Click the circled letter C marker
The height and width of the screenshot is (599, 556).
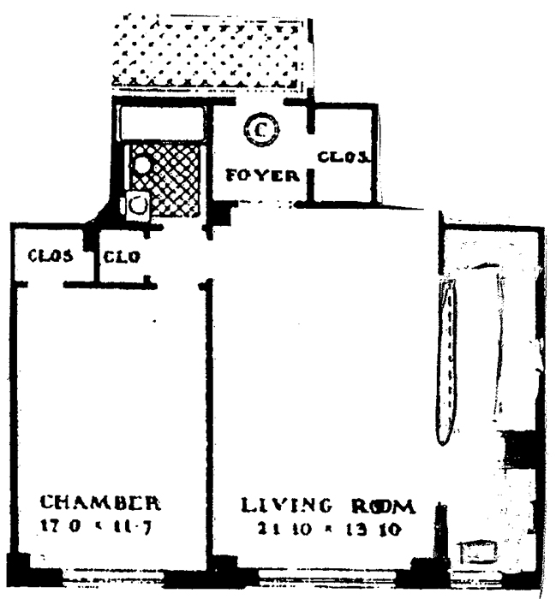tap(257, 131)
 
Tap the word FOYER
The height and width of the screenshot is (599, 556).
tap(262, 177)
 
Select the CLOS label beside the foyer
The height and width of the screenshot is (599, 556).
tap(344, 157)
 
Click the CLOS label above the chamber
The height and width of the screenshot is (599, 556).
tap(49, 255)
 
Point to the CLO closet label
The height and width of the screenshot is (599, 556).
tap(123, 255)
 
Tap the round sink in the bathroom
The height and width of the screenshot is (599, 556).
tap(140, 164)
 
